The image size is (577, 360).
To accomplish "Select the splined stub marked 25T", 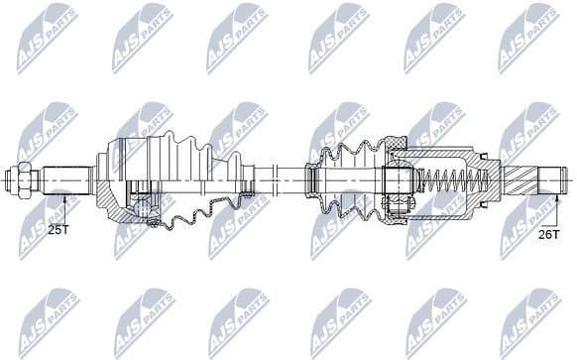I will click(65, 180).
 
